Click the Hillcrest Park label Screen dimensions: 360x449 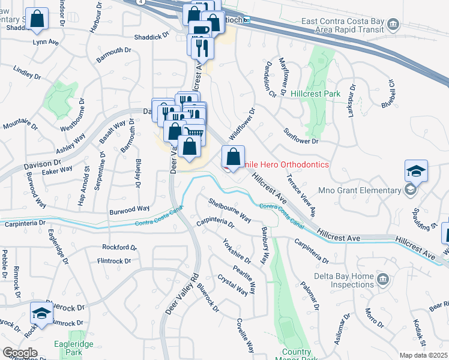click(x=315, y=94)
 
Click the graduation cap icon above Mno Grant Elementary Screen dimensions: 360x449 click(x=416, y=172)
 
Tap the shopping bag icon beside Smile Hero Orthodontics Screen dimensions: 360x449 click(x=233, y=158)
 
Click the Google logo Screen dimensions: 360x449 click(x=20, y=352)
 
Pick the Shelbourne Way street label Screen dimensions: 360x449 click(x=230, y=210)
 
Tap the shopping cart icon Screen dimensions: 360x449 click(x=193, y=133)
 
